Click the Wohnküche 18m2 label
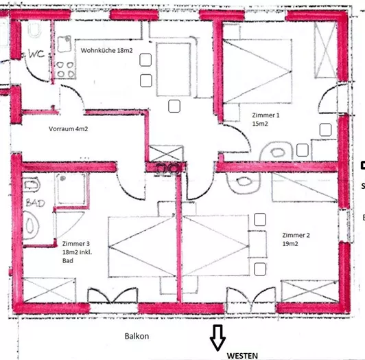click(106, 50)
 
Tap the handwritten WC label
click(36, 54)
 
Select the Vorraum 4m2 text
click(68, 129)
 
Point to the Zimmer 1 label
click(266, 115)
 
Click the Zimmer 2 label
click(296, 235)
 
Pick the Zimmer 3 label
click(76, 244)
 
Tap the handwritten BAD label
click(35, 203)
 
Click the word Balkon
click(137, 336)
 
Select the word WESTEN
click(242, 356)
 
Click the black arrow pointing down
click(217, 337)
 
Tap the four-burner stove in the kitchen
click(65, 69)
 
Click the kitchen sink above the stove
click(64, 44)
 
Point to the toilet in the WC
click(35, 30)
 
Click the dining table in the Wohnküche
click(174, 69)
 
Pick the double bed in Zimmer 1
click(257, 71)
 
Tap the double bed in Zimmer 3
click(142, 247)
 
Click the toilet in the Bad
click(31, 225)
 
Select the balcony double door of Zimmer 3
click(113, 296)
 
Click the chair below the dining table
click(174, 106)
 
